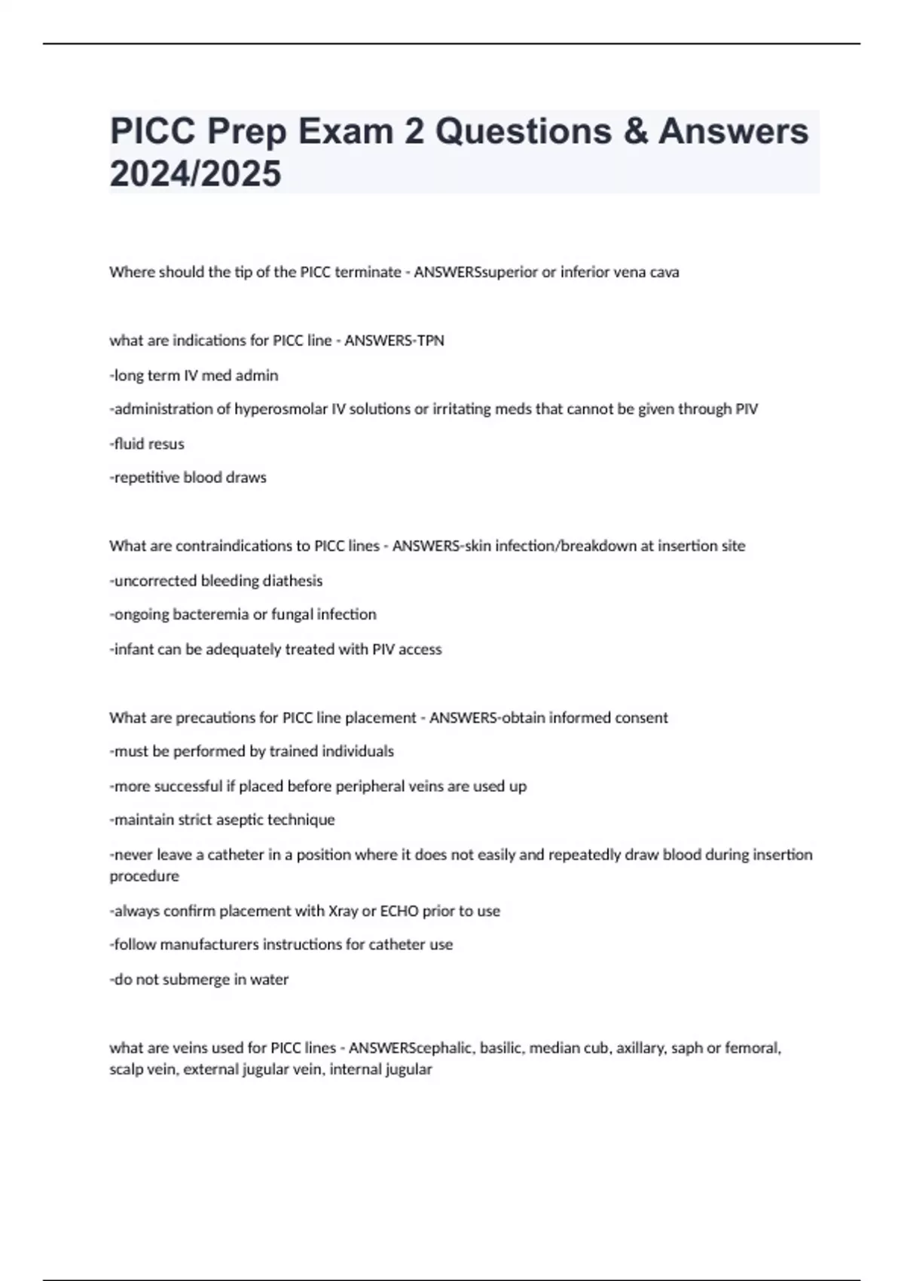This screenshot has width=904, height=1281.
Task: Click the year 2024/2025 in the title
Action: (x=195, y=174)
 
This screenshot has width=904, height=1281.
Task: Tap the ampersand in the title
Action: (x=635, y=131)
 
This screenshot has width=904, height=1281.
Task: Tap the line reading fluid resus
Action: (x=148, y=444)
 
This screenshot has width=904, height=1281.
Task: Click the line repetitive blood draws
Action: (x=188, y=478)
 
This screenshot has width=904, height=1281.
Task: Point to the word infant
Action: (x=132, y=649)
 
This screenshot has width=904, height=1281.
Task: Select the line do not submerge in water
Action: (x=200, y=980)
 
